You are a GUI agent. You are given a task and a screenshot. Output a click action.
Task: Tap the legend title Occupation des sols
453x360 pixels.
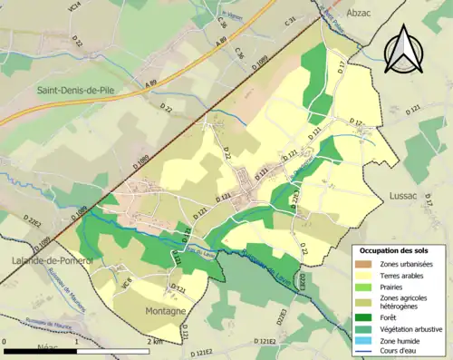click(399, 250)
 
